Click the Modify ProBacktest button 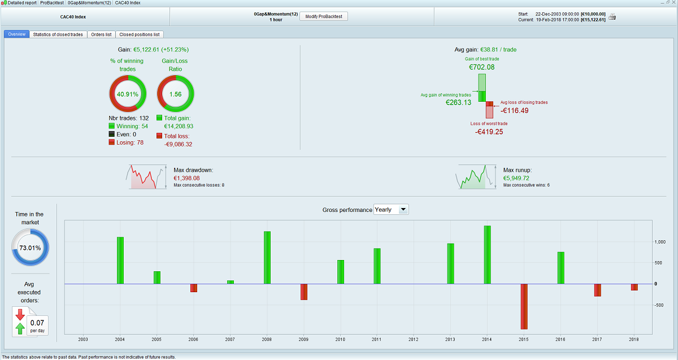coord(323,16)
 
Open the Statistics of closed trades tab coord(58,34)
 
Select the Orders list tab coord(101,34)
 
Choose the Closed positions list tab coord(140,34)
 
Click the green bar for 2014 coord(487,254)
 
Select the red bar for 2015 coord(524,306)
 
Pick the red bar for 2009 coord(304,292)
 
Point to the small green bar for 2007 coord(231,281)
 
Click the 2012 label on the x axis coord(414,340)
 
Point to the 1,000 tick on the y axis coord(660,242)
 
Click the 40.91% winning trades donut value coord(128,94)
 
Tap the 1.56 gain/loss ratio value coord(175,94)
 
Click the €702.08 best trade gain coord(482,67)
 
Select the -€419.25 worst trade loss coord(489,132)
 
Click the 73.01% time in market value coord(31,248)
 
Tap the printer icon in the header coord(612,17)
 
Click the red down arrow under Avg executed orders coord(20,314)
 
